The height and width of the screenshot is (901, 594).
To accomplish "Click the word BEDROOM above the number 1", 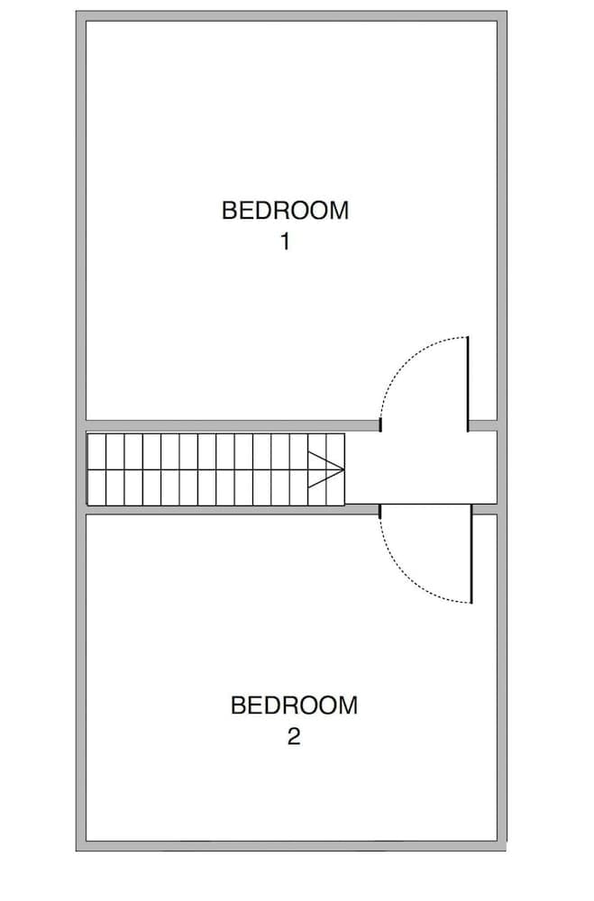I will (285, 211).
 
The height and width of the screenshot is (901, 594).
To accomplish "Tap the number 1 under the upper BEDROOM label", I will (285, 242).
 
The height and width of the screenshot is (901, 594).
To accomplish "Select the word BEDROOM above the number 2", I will (294, 705).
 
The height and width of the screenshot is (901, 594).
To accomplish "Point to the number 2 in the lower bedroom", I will (294, 737).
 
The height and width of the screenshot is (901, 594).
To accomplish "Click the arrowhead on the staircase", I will (326, 469).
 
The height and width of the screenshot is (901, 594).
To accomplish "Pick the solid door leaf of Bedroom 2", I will (471, 555).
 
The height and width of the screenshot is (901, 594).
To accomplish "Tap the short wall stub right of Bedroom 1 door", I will (483, 424).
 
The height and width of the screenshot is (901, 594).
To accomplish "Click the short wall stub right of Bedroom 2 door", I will (486, 510).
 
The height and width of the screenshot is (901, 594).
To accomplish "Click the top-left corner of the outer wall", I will (81, 16).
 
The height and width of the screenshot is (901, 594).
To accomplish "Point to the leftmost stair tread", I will (96, 469).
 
